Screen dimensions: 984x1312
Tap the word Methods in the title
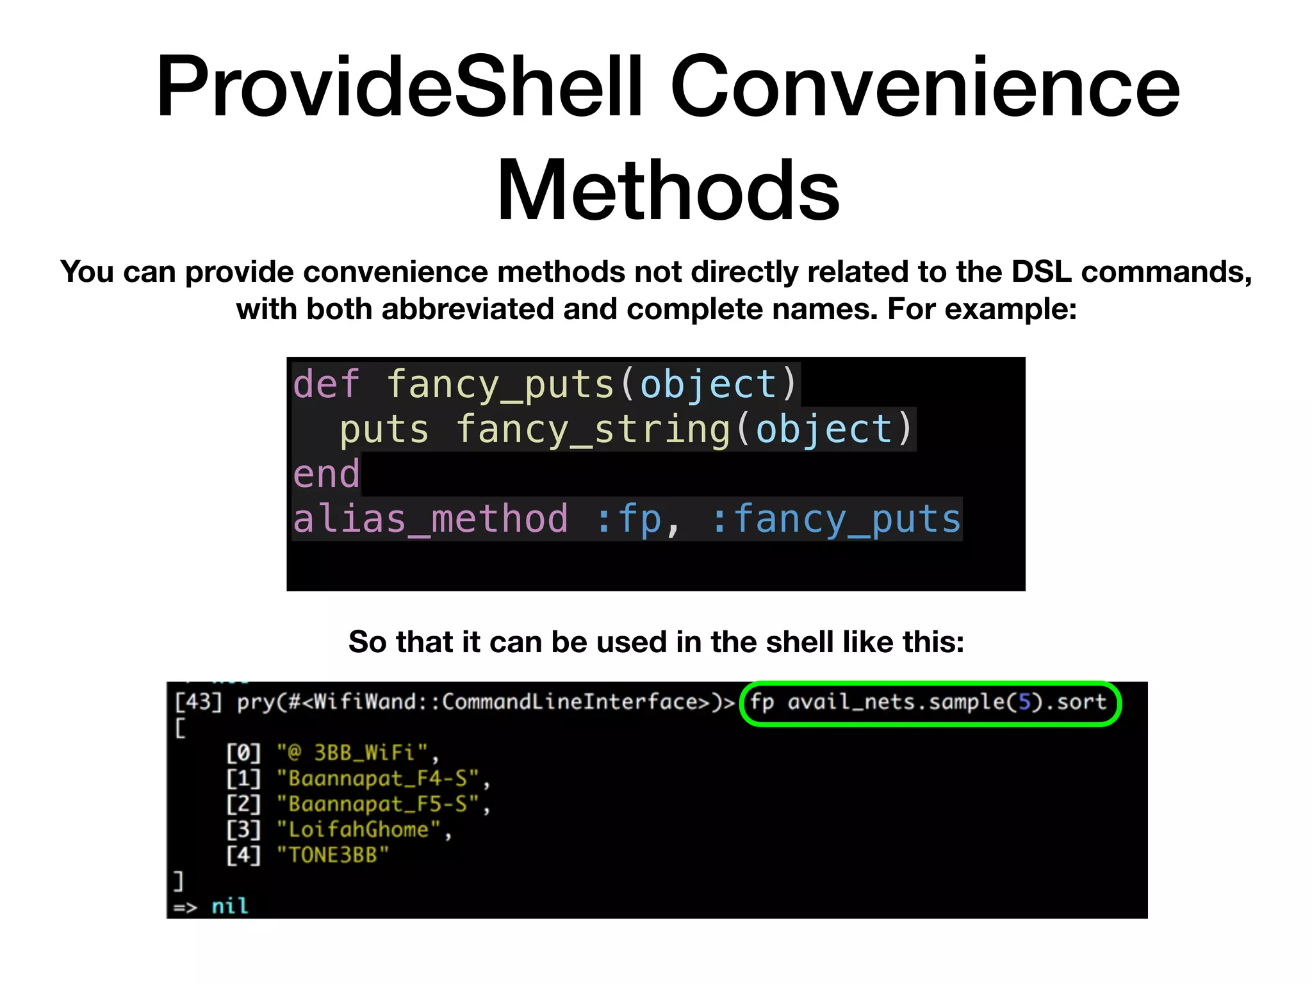coord(668,190)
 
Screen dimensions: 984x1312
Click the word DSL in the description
coord(1042,272)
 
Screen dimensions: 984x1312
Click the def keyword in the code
coord(326,384)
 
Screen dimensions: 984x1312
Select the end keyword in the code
coord(326,474)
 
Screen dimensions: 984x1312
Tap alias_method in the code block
coord(430,519)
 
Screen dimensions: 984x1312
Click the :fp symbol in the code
coord(629,519)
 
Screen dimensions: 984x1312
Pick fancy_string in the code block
coord(593,429)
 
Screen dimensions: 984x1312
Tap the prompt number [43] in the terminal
coord(199,702)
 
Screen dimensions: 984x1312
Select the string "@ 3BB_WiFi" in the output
coord(352,753)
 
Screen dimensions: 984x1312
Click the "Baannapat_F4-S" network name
coord(378,778)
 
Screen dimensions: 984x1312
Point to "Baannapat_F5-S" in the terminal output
coord(378,804)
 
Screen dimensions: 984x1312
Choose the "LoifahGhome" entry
coord(359,830)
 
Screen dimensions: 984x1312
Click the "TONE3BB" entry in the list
coord(333,855)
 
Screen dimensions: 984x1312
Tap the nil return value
coord(229,906)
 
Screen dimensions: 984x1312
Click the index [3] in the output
coord(243,830)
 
